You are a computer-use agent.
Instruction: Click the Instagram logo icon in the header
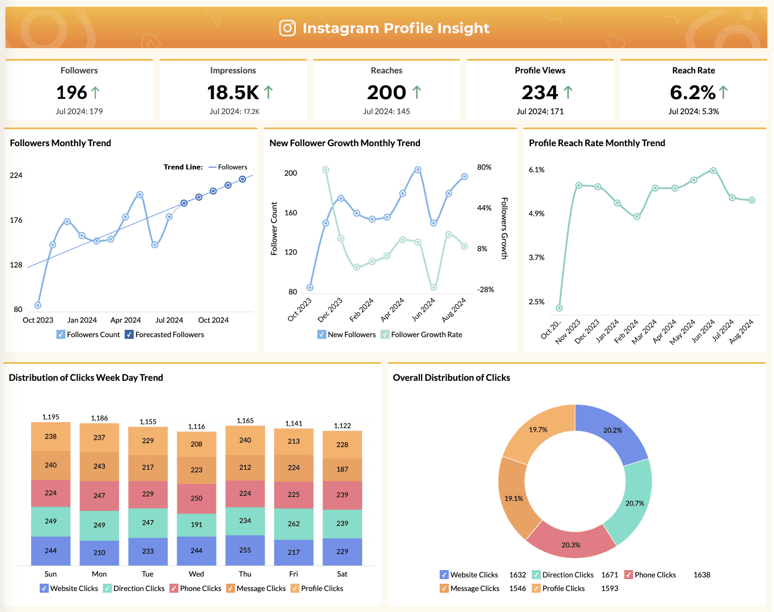pos(287,28)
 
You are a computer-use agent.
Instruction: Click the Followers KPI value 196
pos(71,92)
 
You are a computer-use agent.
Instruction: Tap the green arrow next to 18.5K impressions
pos(269,92)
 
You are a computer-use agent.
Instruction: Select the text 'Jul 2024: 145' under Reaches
pos(386,112)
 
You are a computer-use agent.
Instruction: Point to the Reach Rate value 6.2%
pos(692,92)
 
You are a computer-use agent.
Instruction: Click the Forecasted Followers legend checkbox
pos(129,335)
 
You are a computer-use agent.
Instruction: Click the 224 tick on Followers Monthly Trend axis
pos(16,176)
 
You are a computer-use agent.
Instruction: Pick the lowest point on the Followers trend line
pos(38,305)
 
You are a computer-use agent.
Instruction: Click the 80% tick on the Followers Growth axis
pos(484,168)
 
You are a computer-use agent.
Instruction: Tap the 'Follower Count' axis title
pos(274,228)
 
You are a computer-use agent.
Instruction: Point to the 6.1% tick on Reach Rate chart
pos(536,170)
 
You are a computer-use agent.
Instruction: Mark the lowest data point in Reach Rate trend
pos(559,308)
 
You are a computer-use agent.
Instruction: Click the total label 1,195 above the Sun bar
pos(50,417)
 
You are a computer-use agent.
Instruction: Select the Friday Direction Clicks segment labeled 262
pos(294,524)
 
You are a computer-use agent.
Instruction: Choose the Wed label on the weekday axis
pos(196,574)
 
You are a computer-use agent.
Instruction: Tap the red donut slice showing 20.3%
pos(571,545)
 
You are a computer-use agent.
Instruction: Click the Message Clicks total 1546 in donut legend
pos(517,589)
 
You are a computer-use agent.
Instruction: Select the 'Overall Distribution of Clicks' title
pos(451,378)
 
